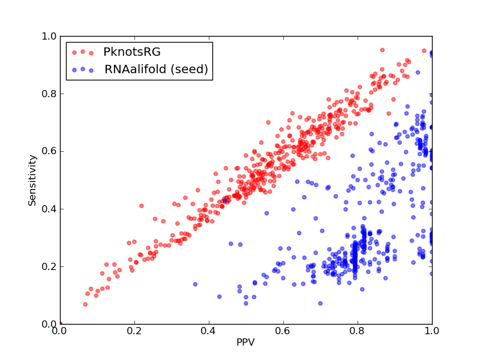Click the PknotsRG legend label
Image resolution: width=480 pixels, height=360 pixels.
coord(132,52)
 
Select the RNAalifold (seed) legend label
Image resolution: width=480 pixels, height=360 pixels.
coord(156,69)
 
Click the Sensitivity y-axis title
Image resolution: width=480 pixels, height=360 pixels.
coord(32,180)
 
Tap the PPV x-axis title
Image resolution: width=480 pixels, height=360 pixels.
coord(245,342)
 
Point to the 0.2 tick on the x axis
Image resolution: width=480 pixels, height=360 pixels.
coord(134,331)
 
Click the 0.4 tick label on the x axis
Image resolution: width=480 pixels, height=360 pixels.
coord(209,331)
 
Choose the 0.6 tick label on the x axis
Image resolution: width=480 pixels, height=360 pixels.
coord(283,331)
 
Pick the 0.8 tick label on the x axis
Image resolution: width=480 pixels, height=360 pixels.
coord(358,331)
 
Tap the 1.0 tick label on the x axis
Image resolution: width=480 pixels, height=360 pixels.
coord(432,331)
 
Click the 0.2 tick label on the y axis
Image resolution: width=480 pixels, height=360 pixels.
coord(49,266)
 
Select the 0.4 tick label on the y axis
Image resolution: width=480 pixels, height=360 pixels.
coord(49,209)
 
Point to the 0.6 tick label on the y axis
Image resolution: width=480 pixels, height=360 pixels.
coord(49,152)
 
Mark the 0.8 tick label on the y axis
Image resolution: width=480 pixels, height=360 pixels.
coord(49,94)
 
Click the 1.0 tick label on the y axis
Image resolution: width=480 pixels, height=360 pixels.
coord(49,37)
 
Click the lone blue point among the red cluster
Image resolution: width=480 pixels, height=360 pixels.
coord(224,200)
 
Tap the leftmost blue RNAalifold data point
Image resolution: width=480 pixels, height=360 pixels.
coord(195,284)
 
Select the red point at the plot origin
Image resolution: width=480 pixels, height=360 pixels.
coord(61,323)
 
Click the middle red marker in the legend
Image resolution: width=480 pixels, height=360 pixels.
coord(83,52)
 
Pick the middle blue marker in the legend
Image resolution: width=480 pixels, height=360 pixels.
coord(83,69)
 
